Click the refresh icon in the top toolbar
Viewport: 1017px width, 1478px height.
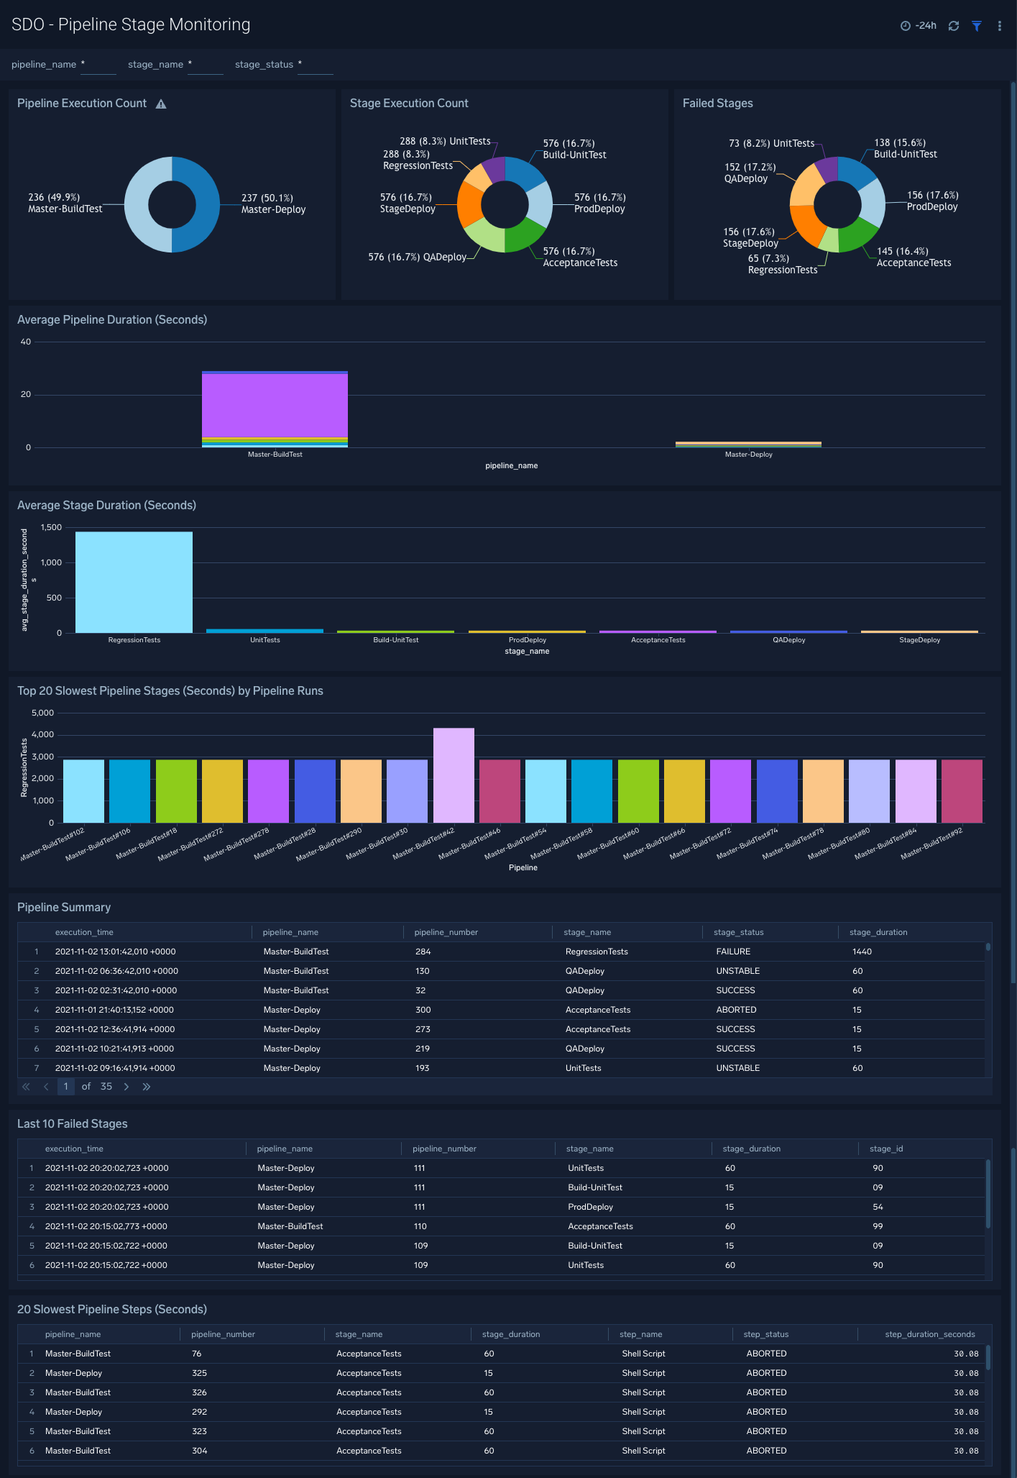954,26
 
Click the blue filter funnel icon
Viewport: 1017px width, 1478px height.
977,26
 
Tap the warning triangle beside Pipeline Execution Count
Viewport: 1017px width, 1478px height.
161,104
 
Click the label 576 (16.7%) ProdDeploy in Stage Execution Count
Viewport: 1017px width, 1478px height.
599,203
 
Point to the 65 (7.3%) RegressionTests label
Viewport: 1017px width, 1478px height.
782,264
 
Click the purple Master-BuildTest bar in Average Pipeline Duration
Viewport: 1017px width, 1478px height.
275,404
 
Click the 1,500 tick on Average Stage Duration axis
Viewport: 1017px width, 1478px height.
51,527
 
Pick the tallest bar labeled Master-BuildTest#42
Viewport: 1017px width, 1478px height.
454,775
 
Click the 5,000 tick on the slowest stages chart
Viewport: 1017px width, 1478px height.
42,713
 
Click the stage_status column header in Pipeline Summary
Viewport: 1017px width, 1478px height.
738,932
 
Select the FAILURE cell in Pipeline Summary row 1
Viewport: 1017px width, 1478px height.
733,952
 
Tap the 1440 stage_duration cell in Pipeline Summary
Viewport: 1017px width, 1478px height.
862,952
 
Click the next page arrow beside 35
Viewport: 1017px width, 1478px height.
126,1087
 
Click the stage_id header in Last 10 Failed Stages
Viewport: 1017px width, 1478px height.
885,1149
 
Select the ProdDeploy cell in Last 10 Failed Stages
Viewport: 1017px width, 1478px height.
590,1207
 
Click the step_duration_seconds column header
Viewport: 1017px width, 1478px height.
929,1334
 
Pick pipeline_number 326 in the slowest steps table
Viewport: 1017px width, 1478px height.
199,1392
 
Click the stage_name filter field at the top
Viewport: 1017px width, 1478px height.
206,65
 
